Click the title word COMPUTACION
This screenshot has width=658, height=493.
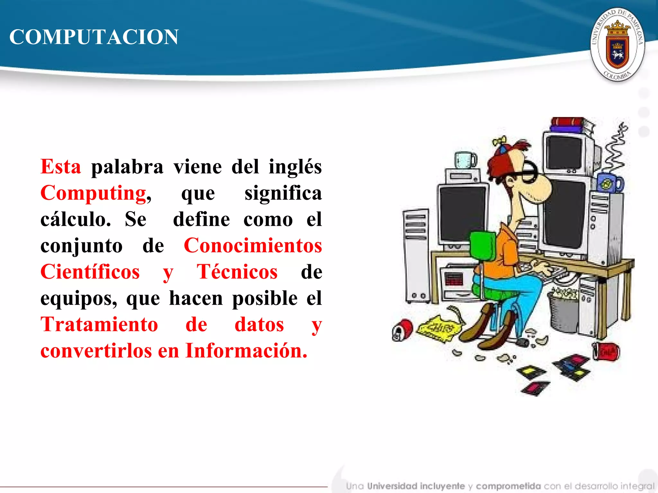pyautogui.click(x=94, y=37)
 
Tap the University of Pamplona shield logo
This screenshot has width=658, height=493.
pyautogui.click(x=617, y=44)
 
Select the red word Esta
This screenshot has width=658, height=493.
pyautogui.click(x=61, y=167)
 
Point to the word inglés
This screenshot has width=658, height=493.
pyautogui.click(x=295, y=167)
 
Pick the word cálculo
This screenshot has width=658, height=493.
pyautogui.click(x=76, y=219)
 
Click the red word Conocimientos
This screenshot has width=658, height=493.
pyautogui.click(x=253, y=246)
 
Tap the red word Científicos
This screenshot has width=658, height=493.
pyautogui.click(x=90, y=272)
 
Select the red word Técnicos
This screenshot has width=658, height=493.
pyautogui.click(x=237, y=272)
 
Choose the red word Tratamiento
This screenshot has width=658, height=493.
pyautogui.click(x=99, y=324)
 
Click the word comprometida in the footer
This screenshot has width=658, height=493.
pyautogui.click(x=508, y=486)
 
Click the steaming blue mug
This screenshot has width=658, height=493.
pyautogui.click(x=609, y=183)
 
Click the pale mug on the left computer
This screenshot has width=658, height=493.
pyautogui.click(x=465, y=160)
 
